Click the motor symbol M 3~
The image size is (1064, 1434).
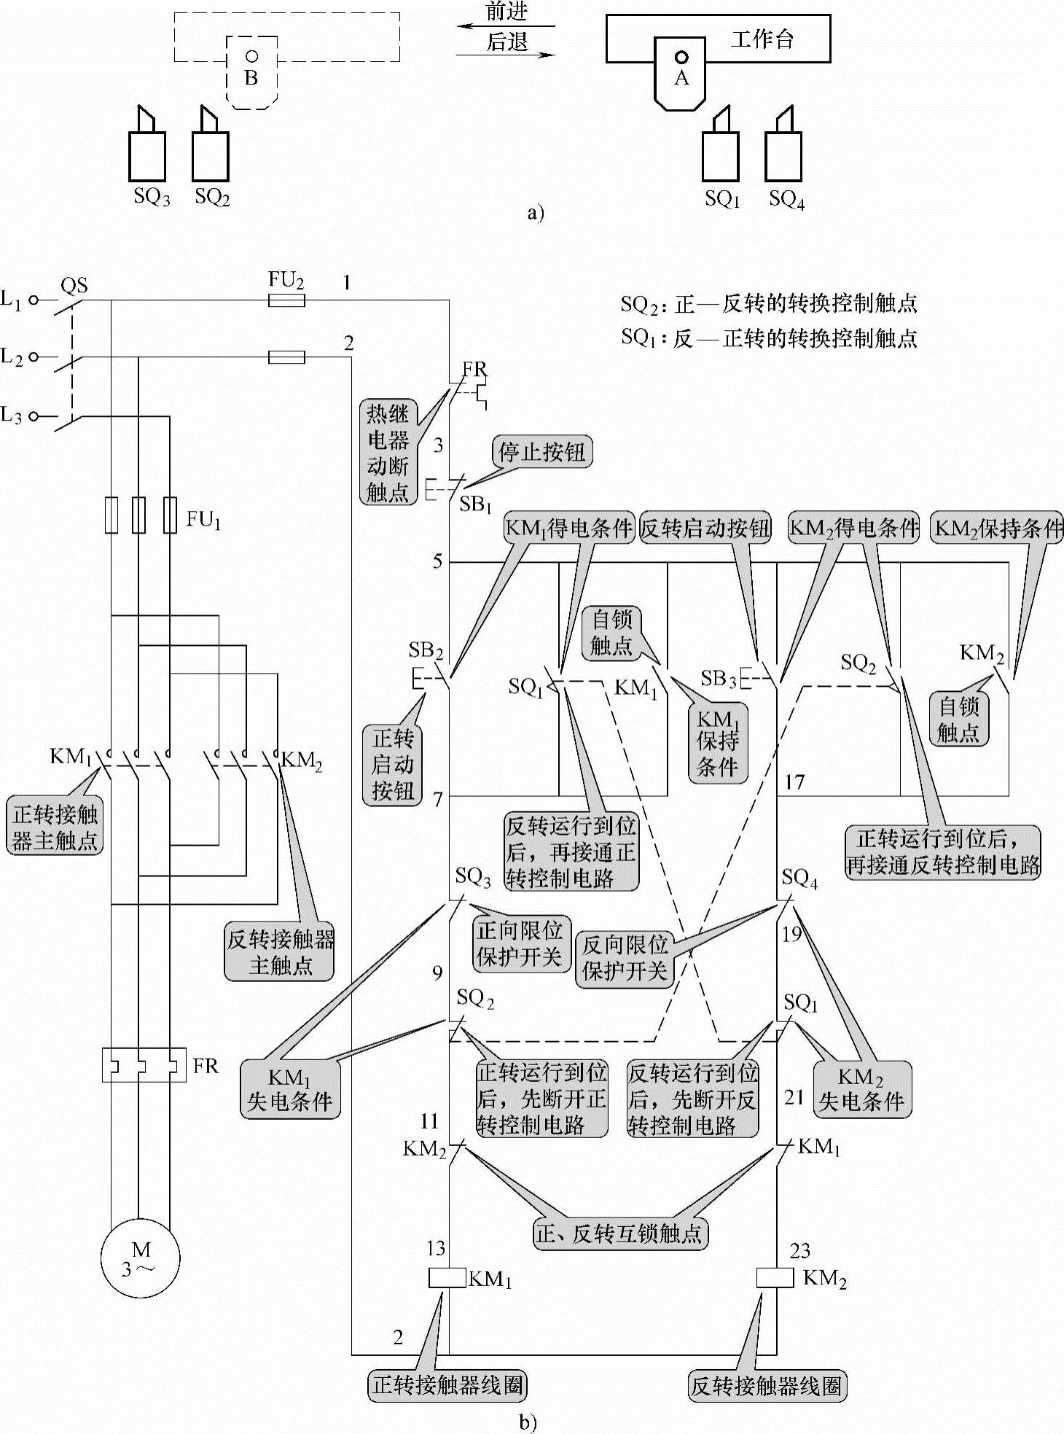[140, 1259]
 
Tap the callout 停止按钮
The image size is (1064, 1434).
[541, 452]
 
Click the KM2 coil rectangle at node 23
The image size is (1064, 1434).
[775, 1278]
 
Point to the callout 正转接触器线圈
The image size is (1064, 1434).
[447, 1384]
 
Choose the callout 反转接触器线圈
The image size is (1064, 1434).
[767, 1384]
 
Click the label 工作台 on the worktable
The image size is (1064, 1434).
[762, 39]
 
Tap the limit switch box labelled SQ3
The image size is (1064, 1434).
[147, 155]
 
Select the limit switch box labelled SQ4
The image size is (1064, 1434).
[783, 155]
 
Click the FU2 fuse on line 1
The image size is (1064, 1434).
[286, 300]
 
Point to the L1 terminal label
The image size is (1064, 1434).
[11, 299]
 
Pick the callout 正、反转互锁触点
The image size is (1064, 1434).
[620, 1233]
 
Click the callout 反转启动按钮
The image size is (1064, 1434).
[705, 528]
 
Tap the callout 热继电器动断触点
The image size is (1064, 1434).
[388, 453]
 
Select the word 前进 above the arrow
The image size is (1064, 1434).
[506, 12]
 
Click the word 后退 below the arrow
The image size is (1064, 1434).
[506, 42]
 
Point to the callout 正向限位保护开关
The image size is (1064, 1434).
[520, 943]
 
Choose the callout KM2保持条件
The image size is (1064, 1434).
[998, 528]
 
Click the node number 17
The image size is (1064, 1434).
[794, 782]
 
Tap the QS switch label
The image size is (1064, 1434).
[74, 285]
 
